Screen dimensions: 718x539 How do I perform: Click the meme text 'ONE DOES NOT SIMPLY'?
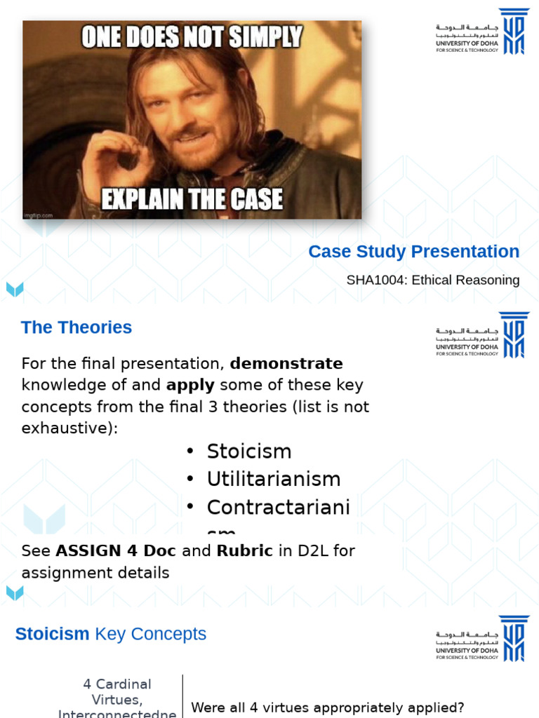tap(192, 36)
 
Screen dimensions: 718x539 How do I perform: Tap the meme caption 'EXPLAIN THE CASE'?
tap(192, 199)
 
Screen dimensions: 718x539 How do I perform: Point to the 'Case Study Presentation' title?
tap(413, 252)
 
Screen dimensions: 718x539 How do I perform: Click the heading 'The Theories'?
tap(76, 327)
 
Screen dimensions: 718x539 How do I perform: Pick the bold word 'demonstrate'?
tap(286, 364)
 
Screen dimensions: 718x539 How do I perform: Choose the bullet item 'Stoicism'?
tap(248, 451)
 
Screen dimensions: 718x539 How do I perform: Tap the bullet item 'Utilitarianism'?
tap(273, 479)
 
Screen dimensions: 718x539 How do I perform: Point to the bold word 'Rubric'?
tap(244, 551)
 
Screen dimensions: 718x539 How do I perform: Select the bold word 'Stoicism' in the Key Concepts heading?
tap(52, 634)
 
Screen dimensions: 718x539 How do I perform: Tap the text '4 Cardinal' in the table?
tap(117, 684)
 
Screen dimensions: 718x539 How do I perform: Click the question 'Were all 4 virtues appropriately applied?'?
tap(328, 707)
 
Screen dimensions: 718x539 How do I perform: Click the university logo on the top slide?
tap(481, 32)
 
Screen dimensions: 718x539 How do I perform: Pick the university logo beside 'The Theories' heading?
tap(481, 335)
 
